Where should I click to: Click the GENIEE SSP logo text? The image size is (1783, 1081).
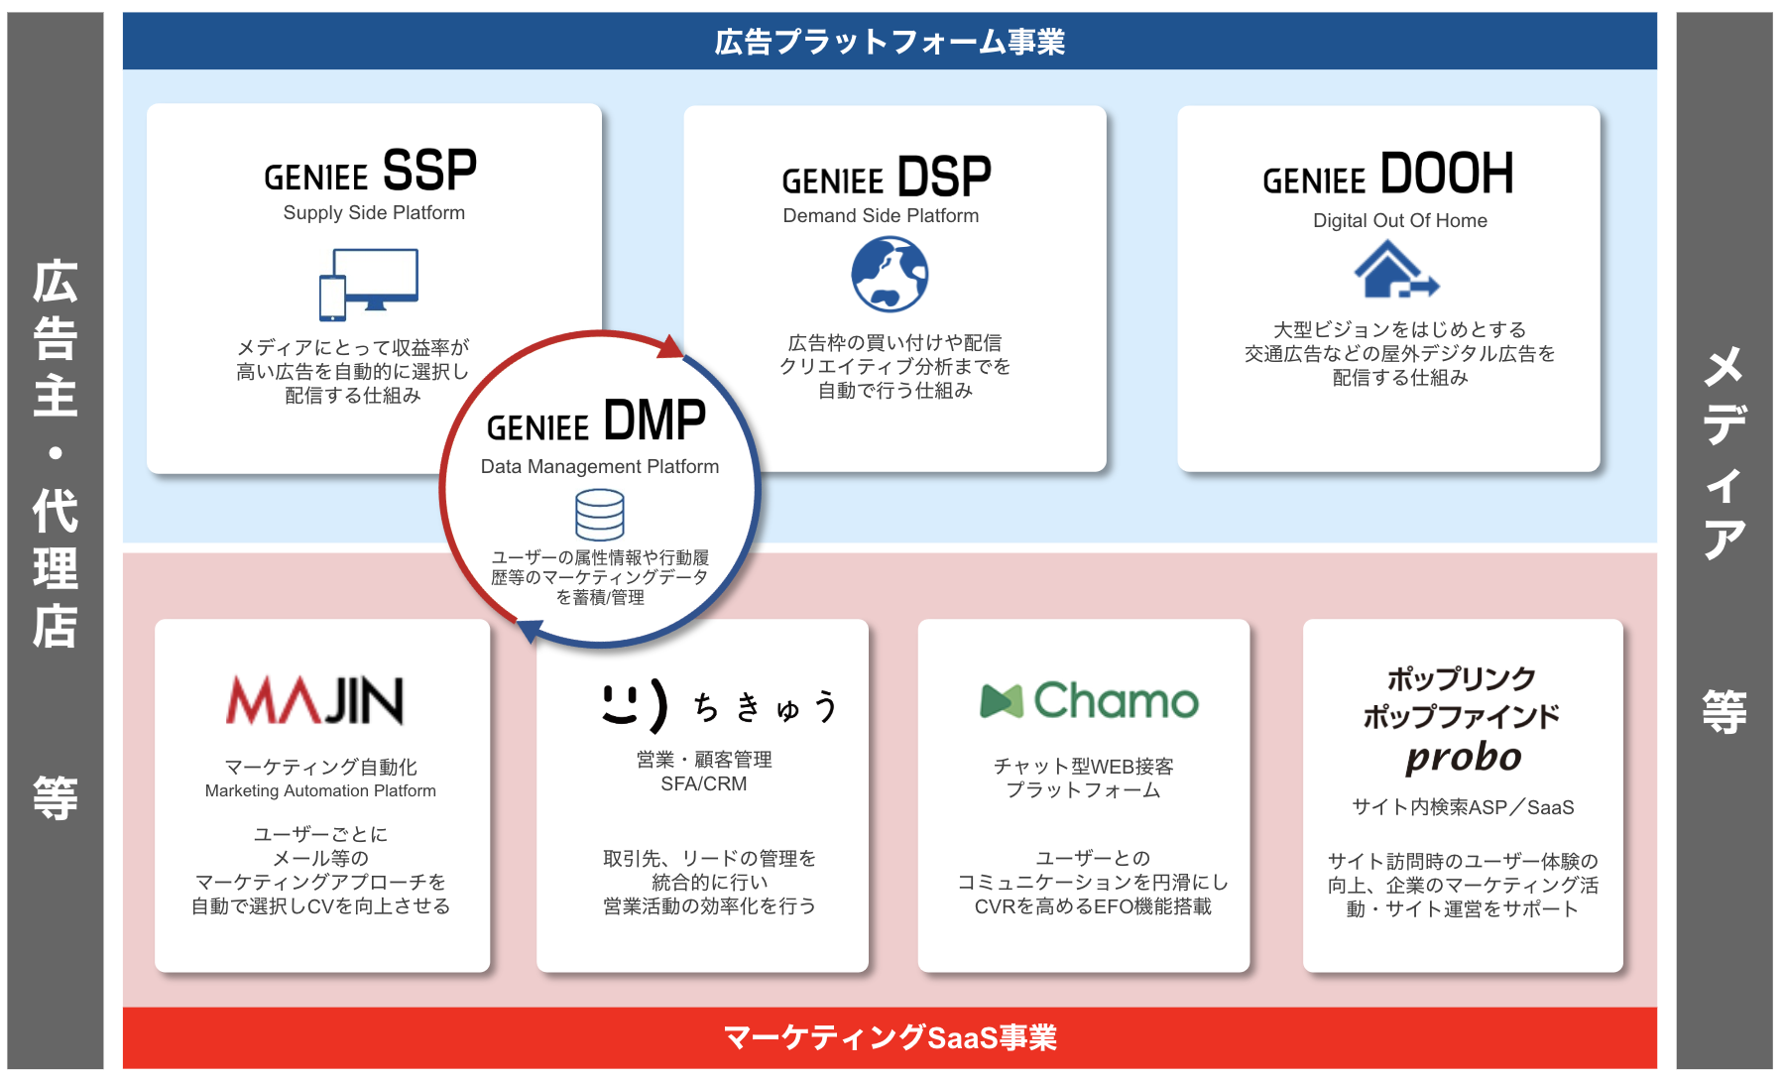click(370, 172)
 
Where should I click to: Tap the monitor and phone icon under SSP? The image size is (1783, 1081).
click(368, 285)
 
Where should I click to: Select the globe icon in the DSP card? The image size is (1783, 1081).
click(890, 275)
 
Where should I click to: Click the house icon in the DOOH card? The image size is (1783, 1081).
click(1394, 271)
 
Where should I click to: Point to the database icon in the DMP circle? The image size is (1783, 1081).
click(600, 515)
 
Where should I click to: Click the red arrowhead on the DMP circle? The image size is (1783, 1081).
click(671, 346)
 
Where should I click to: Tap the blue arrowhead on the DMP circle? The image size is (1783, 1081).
click(530, 630)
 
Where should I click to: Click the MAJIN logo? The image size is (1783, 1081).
click(315, 700)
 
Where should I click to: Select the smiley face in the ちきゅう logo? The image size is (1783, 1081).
click(634, 704)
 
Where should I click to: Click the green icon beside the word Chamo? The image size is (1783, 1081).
click(1001, 701)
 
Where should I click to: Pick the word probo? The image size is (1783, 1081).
click(1463, 758)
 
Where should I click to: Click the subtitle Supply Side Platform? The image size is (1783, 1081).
click(374, 213)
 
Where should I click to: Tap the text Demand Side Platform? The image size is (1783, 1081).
click(881, 216)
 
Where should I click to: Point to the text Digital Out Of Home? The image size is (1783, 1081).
click(1399, 221)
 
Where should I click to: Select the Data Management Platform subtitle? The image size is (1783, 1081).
click(599, 467)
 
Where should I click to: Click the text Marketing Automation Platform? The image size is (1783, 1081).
click(320, 791)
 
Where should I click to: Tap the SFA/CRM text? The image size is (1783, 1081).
click(703, 784)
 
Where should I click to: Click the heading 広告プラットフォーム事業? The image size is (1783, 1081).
click(890, 43)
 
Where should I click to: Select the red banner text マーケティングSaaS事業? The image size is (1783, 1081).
click(890, 1037)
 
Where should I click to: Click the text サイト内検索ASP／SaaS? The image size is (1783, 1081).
click(1463, 808)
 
